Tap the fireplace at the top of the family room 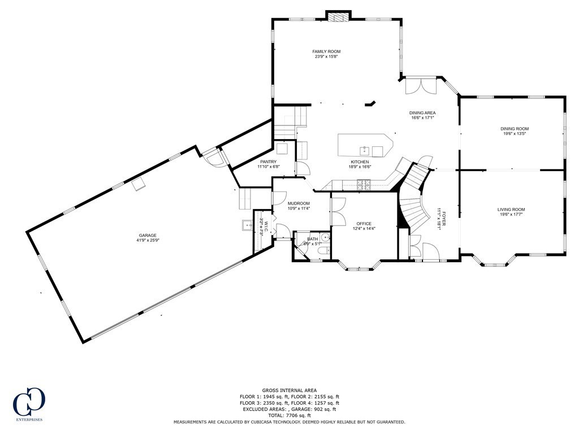pyautogui.click(x=339, y=17)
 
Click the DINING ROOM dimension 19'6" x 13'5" pyautogui.click(x=515, y=134)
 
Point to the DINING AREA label pyautogui.click(x=422, y=112)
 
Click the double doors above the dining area pyautogui.click(x=421, y=85)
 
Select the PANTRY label pyautogui.click(x=268, y=162)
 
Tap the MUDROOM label pyautogui.click(x=299, y=203)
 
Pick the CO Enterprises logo pyautogui.click(x=28, y=403)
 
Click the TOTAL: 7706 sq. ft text pyautogui.click(x=289, y=415)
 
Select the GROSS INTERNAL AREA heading pyautogui.click(x=289, y=390)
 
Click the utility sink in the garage pyautogui.click(x=247, y=226)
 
